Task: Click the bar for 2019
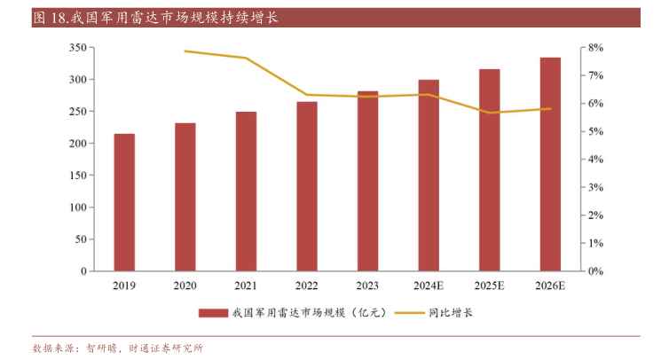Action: point(124,202)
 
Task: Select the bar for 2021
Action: point(246,191)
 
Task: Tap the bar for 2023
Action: point(367,180)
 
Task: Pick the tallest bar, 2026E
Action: point(550,164)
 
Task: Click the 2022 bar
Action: point(307,186)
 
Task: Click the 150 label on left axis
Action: point(77,144)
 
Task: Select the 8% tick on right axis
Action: point(595,48)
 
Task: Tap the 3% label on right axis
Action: point(595,187)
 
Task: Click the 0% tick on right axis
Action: point(595,270)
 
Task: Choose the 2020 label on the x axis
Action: point(185,286)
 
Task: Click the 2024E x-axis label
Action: point(429,286)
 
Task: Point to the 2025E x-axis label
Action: point(490,286)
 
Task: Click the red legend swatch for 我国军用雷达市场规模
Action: point(213,312)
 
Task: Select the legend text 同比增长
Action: point(451,312)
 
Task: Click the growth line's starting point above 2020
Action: point(185,51)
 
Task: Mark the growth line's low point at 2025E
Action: point(490,113)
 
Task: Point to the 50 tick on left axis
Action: point(80,239)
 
